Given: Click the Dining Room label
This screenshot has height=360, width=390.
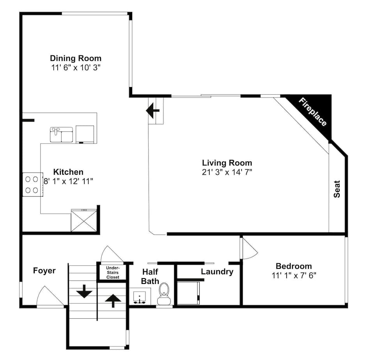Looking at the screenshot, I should point(76,58).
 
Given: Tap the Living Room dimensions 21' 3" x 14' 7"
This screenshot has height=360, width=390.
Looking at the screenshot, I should point(227,172).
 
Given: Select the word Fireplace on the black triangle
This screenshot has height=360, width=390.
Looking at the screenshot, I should point(313,112).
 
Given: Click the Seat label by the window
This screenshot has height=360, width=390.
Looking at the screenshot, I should point(337,188).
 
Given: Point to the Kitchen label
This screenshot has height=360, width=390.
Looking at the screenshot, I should point(68,172).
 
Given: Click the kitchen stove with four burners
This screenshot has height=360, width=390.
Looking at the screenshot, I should point(32,184).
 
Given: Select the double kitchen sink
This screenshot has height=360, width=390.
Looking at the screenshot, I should point(62,135).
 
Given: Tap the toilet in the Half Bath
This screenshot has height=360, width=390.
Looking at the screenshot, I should point(163,294).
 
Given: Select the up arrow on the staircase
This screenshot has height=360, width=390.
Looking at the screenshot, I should point(113,300).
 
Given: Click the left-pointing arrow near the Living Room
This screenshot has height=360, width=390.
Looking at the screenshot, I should point(153,110).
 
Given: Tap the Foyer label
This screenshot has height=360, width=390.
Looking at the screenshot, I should point(44,271).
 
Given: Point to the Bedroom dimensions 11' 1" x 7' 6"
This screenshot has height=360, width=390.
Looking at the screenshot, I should point(294,275).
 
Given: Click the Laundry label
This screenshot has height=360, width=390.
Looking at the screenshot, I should point(217,271).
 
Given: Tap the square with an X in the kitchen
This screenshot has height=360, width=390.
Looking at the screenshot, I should point(84,221).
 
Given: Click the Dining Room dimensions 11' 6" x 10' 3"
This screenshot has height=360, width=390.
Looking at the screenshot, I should point(76,67).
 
